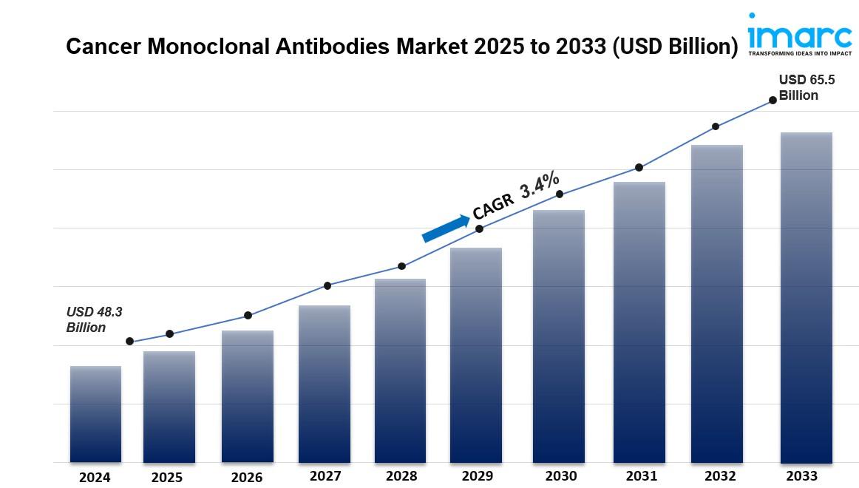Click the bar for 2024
[x=95, y=414]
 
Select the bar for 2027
[x=324, y=384]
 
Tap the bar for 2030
[x=559, y=336]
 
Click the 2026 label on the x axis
[x=246, y=478]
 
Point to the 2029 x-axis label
[x=476, y=476]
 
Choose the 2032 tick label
[x=720, y=476]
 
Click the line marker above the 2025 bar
[x=169, y=334]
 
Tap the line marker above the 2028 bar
[x=401, y=266]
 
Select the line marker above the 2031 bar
[x=639, y=168]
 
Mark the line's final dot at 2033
[x=773, y=99]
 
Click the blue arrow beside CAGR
[x=446, y=227]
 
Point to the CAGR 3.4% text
[x=516, y=196]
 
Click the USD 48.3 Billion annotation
[x=94, y=319]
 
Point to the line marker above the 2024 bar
[x=130, y=342]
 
